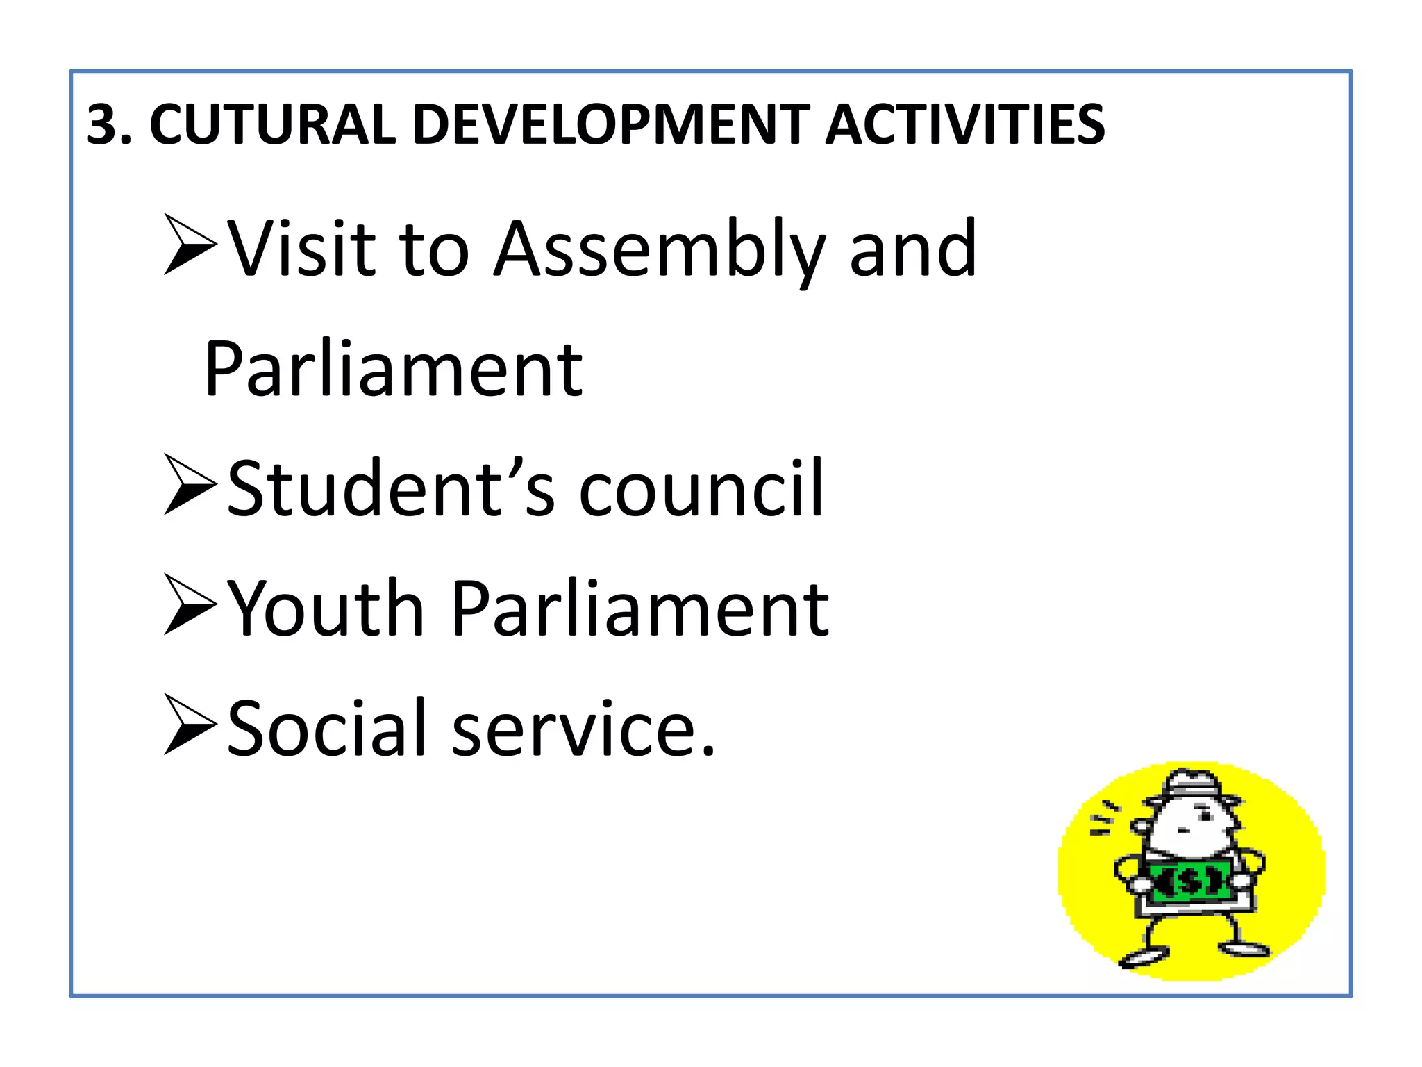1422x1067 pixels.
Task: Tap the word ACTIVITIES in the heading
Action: (x=965, y=125)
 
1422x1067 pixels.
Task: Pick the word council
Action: (x=701, y=488)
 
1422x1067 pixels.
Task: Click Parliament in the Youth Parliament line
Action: (x=640, y=609)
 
